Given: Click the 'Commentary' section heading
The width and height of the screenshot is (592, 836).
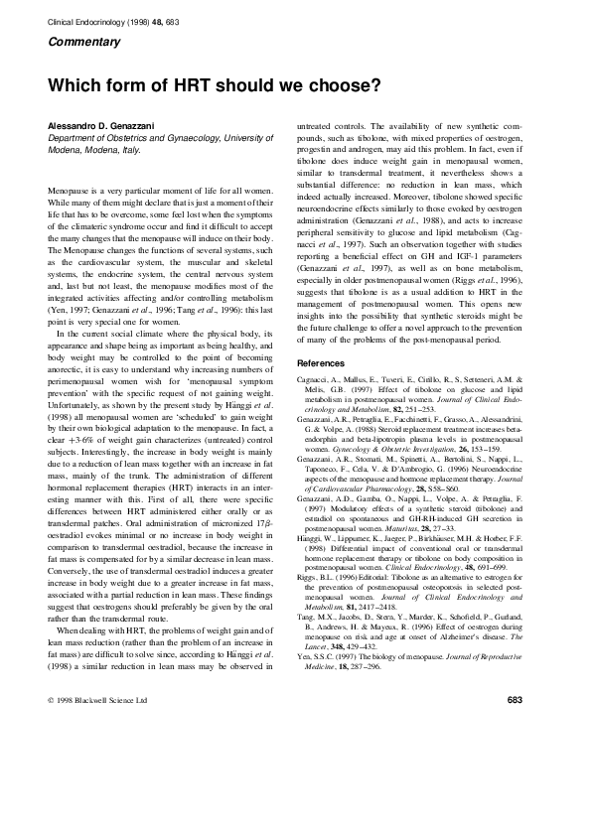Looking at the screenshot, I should pyautogui.click(x=81, y=41).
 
